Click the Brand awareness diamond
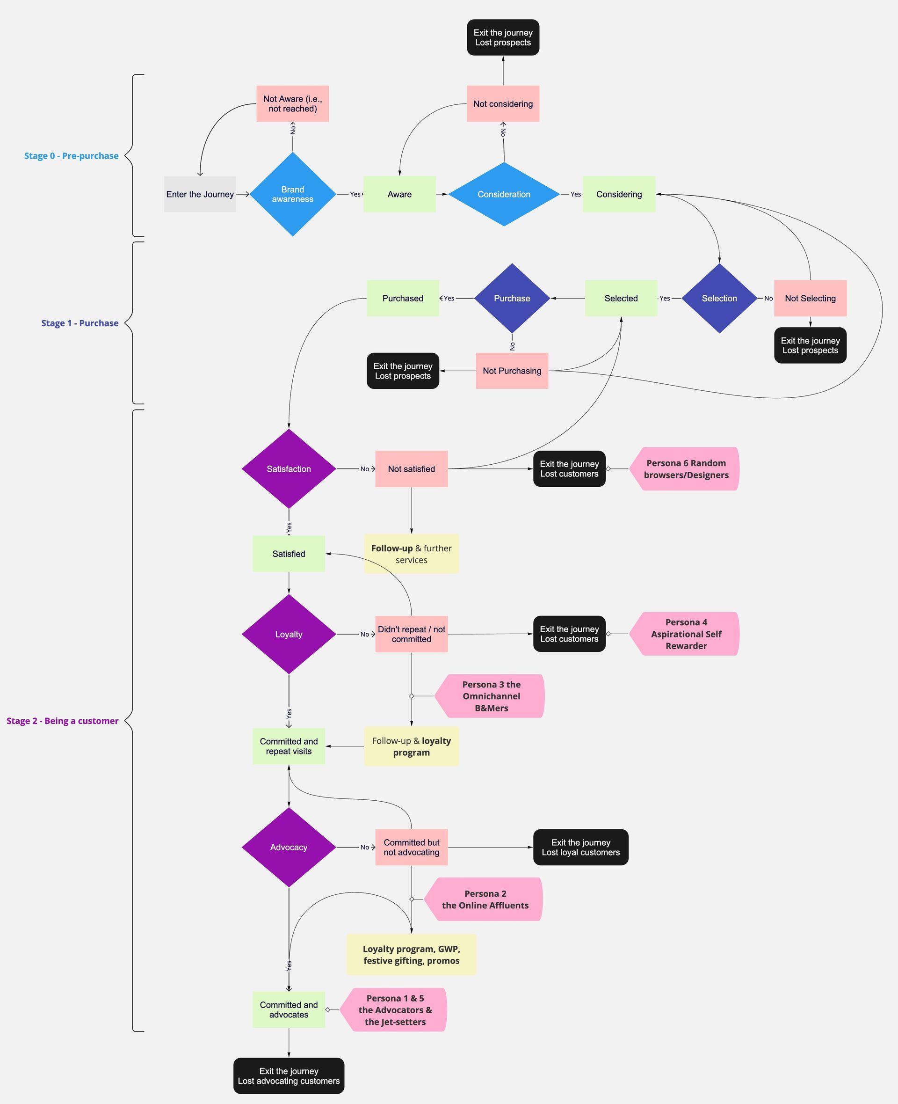(x=292, y=194)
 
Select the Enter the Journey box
(x=200, y=194)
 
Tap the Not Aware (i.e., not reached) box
(x=292, y=103)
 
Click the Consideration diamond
(x=503, y=194)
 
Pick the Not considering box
(x=503, y=103)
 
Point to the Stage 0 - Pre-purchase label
(x=72, y=156)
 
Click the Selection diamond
(x=719, y=298)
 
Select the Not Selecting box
(x=810, y=298)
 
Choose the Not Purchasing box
(x=512, y=371)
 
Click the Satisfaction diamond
(x=289, y=469)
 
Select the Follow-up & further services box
(x=411, y=554)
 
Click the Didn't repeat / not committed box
(x=411, y=634)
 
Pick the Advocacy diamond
(x=289, y=847)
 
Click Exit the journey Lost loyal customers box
(x=580, y=847)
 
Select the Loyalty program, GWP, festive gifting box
(x=411, y=954)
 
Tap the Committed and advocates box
(x=289, y=1009)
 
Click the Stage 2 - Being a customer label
(x=63, y=721)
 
